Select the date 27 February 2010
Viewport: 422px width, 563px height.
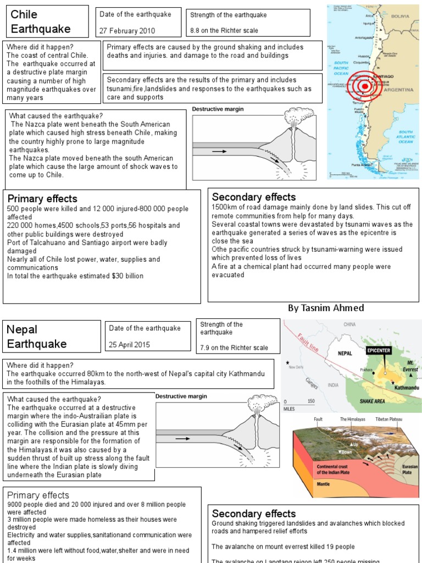127,31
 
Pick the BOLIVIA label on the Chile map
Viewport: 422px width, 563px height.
400,16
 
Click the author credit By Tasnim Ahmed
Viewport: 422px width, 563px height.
326,308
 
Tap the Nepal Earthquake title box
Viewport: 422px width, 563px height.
52,336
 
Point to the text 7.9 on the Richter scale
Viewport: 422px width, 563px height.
234,347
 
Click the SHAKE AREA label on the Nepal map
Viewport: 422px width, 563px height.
371,401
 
